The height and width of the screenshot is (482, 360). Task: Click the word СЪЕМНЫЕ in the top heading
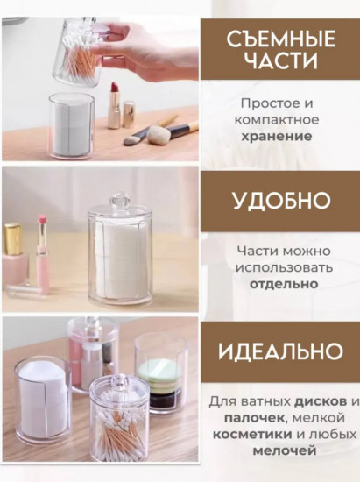(281, 39)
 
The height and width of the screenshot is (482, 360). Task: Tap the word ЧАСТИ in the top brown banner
(281, 62)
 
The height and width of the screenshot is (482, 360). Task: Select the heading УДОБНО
(281, 200)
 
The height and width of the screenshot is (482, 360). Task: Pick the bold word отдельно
(281, 284)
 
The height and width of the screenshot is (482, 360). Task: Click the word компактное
(281, 119)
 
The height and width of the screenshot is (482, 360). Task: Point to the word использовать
(281, 267)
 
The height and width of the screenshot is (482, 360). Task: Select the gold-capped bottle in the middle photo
(13, 255)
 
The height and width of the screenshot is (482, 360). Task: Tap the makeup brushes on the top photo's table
(158, 133)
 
